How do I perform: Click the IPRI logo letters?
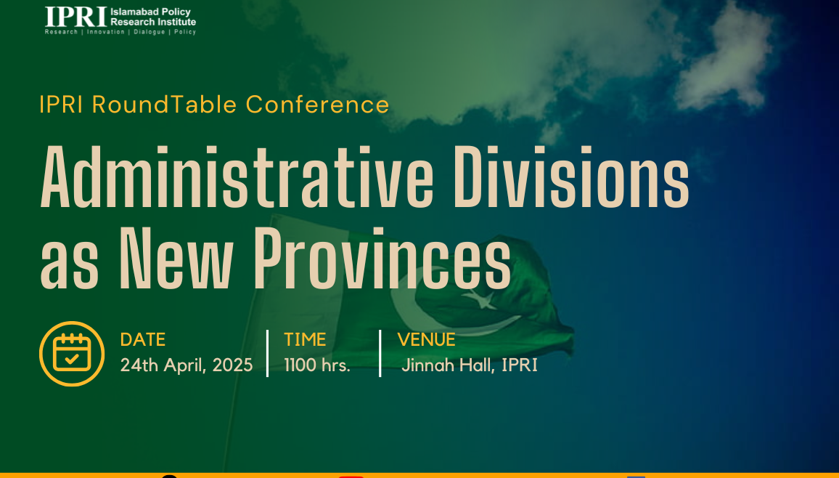[76, 17]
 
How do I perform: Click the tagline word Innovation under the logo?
[106, 32]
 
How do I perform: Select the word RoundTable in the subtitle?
[165, 105]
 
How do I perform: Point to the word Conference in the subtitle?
[317, 105]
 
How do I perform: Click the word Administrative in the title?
[237, 177]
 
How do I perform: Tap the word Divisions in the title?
[571, 177]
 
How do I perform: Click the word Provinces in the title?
[382, 259]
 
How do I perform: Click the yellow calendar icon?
[72, 353]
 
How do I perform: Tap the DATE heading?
[143, 339]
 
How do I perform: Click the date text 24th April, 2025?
[187, 365]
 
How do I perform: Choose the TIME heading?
[305, 339]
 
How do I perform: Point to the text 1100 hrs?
[317, 365]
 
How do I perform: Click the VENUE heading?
[427, 339]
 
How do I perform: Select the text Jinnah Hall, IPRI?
[470, 365]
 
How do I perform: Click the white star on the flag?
[480, 300]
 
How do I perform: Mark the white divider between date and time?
[268, 353]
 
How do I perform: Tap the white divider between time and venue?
[380, 353]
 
